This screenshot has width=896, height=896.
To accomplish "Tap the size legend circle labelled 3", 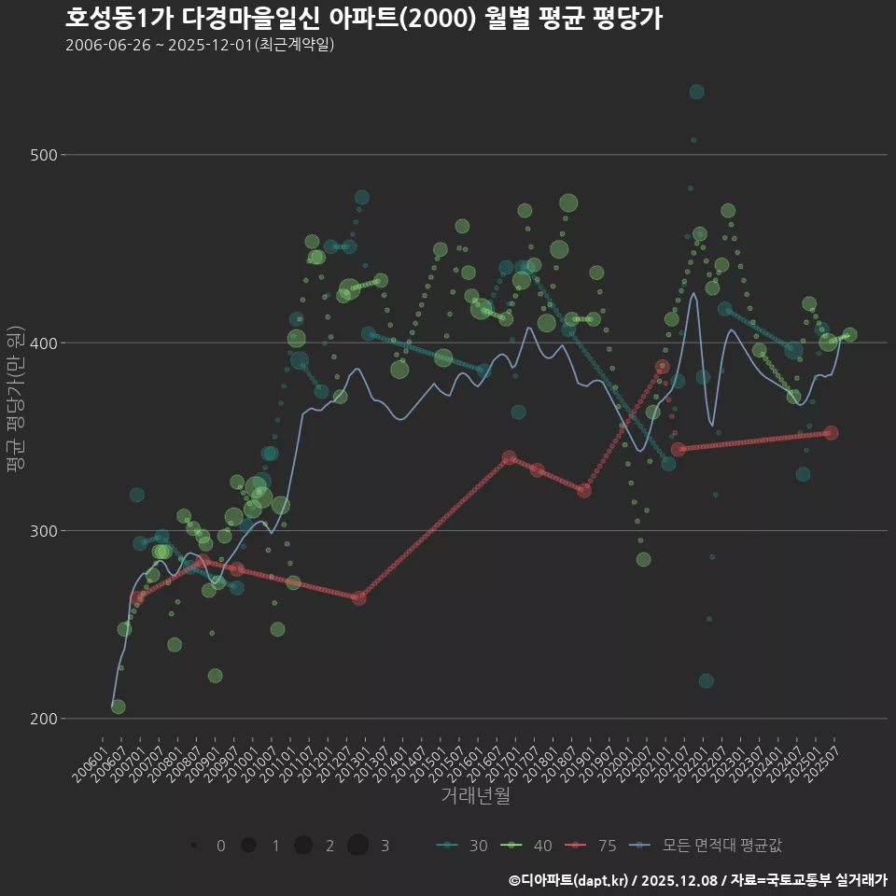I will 358,846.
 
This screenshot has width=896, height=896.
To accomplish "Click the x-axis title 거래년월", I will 475,795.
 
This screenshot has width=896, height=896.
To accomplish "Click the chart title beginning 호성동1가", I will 364,19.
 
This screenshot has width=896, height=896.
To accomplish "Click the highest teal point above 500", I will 696,91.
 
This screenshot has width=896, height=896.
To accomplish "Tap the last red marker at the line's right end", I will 831,433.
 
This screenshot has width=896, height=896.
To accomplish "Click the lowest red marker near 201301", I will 359,597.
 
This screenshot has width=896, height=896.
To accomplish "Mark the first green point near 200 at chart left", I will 118,707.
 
